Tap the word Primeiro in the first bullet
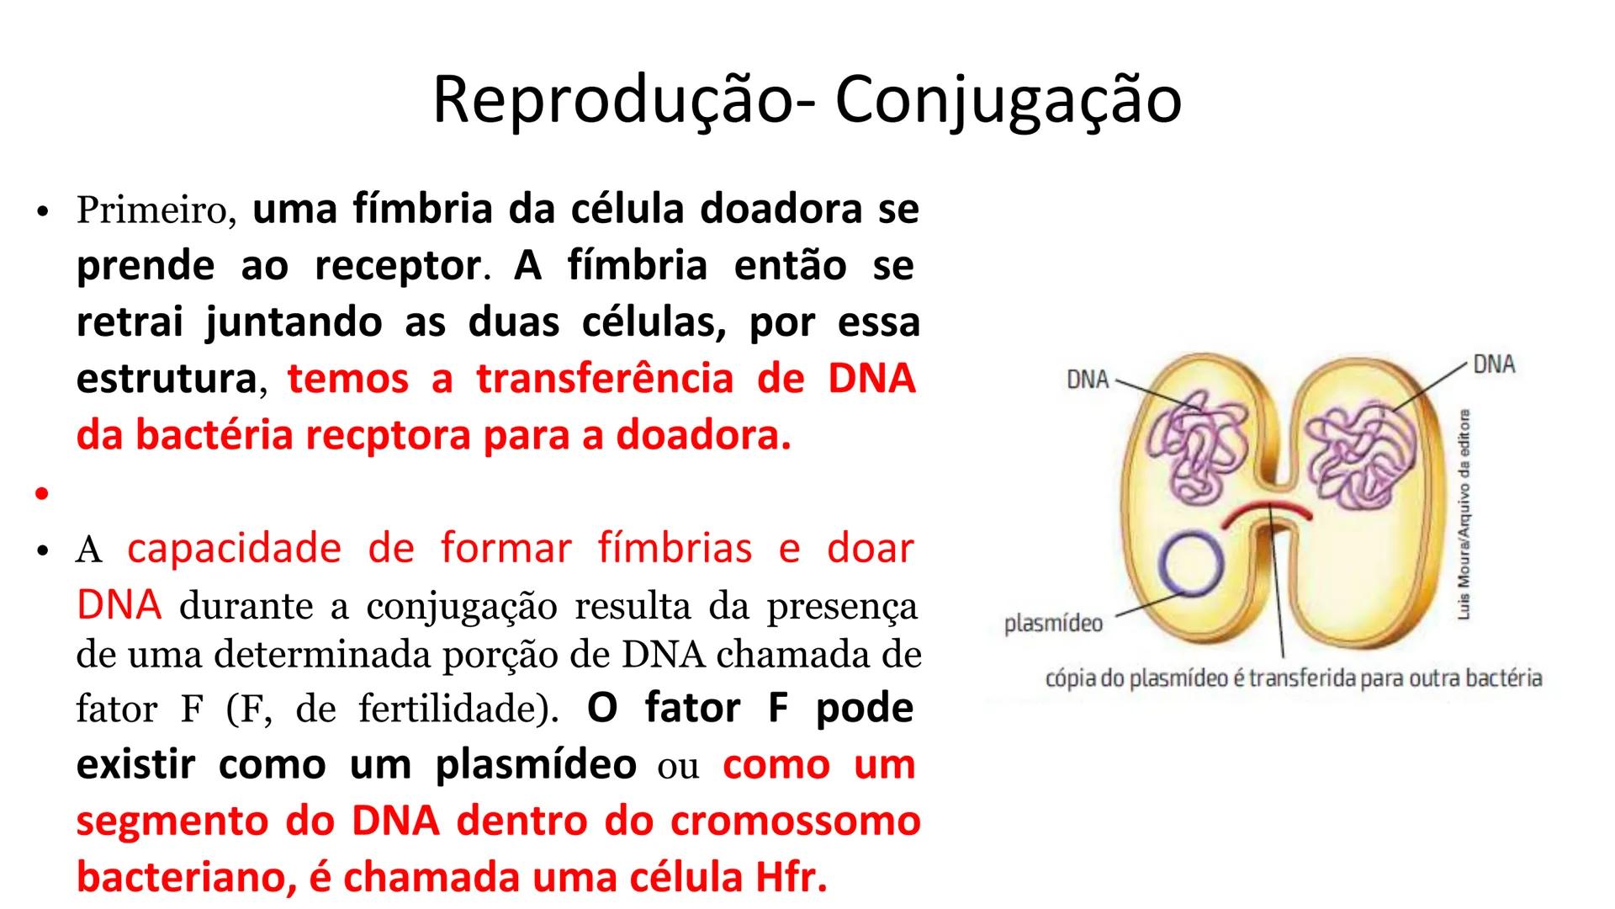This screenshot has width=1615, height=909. click(x=151, y=210)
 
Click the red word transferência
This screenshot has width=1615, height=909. click(x=605, y=379)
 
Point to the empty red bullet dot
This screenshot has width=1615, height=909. click(x=40, y=495)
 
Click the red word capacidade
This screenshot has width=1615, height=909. click(x=234, y=549)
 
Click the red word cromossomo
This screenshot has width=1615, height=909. click(x=795, y=821)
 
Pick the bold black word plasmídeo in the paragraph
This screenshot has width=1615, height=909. click(x=536, y=765)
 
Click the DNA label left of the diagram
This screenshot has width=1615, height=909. click(x=1087, y=380)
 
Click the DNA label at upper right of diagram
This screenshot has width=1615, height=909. click(x=1494, y=364)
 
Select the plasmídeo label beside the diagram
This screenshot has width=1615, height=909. click(x=1053, y=624)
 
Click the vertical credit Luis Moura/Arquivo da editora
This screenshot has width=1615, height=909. click(x=1464, y=515)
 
